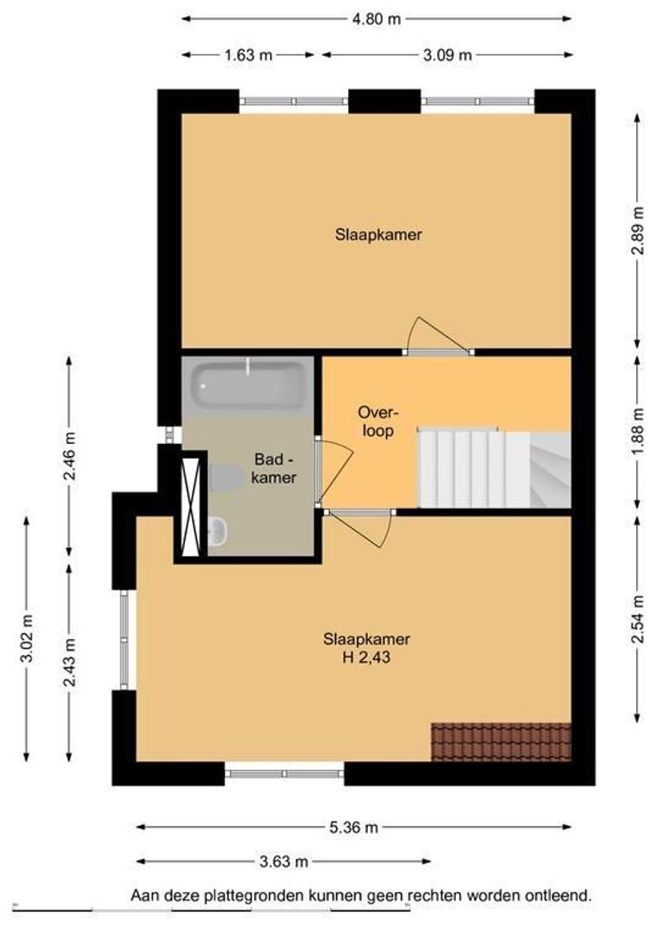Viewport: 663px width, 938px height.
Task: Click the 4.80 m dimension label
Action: [376, 18]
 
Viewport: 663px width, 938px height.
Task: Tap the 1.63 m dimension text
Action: [248, 55]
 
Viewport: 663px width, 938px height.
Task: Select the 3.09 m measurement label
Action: [447, 55]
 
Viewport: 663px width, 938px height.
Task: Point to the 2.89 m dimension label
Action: [639, 230]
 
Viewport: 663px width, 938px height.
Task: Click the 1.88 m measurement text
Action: [639, 432]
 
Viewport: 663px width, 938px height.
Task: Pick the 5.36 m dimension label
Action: [353, 828]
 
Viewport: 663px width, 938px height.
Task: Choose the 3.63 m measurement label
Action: [284, 862]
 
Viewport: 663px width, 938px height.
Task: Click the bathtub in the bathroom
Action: [247, 386]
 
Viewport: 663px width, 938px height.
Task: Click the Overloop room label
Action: [377, 421]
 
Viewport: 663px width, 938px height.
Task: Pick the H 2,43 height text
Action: [366, 657]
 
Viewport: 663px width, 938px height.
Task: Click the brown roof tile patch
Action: [501, 743]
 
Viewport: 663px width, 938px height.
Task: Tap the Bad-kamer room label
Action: [274, 468]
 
